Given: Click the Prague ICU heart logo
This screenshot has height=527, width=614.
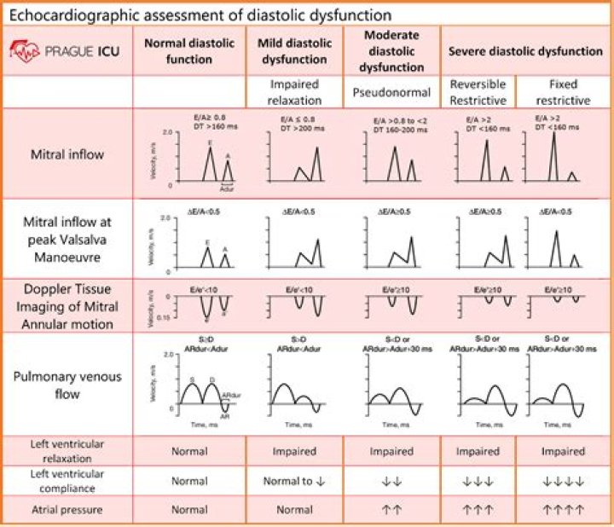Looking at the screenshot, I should pos(24,49).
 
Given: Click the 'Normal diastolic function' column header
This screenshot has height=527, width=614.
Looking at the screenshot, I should pos(189,51).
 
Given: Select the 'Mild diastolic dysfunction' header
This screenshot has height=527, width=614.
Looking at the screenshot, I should pos(294,51).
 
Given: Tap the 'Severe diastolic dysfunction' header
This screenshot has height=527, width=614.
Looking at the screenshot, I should pos(525,51).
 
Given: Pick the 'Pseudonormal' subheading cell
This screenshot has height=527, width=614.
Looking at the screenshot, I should pos(391,91).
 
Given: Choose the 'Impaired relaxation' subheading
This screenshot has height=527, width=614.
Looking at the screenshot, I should pos(294,91).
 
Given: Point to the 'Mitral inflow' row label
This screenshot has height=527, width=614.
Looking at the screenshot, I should pos(67,154).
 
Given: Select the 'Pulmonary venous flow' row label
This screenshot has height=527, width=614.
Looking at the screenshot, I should pos(67,385).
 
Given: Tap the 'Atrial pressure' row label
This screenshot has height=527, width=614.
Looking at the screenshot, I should pos(67,510).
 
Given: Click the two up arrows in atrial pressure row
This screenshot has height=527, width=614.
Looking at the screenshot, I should pos(391,512).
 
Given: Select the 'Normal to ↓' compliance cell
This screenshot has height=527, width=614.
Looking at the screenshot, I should pos(294,481).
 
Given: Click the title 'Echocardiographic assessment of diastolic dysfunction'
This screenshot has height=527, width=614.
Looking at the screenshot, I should pos(200,15).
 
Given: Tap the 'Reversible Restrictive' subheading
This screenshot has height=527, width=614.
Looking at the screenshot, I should pos(478,91).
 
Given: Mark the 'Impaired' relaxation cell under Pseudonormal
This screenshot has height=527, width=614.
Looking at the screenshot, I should pos(391,450).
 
